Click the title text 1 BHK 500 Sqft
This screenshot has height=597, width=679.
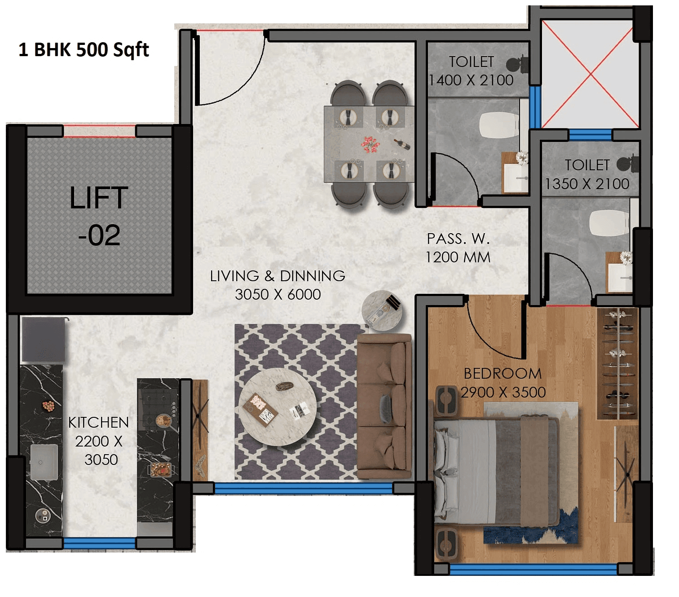pos(84,50)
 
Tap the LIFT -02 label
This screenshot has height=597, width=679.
pos(99,216)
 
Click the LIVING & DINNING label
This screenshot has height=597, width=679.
pos(278,276)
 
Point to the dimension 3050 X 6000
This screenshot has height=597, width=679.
pos(278,295)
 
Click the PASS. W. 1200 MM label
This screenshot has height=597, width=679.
pos(458,248)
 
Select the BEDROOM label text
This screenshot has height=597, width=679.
pos(503,373)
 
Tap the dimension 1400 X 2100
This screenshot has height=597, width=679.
pos(471,80)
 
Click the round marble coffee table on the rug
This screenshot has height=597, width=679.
pos(277,407)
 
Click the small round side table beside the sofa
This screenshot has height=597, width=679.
pos(382,310)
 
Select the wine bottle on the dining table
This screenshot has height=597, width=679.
pos(402,144)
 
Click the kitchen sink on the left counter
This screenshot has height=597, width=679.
pos(43,462)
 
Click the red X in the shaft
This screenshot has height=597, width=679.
pos(590,74)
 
